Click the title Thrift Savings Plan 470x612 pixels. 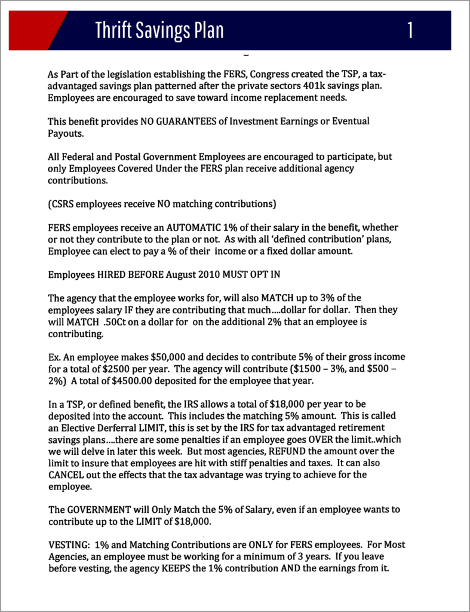click(159, 30)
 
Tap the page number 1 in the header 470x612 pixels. click(410, 30)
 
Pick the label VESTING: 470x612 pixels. click(67, 544)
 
